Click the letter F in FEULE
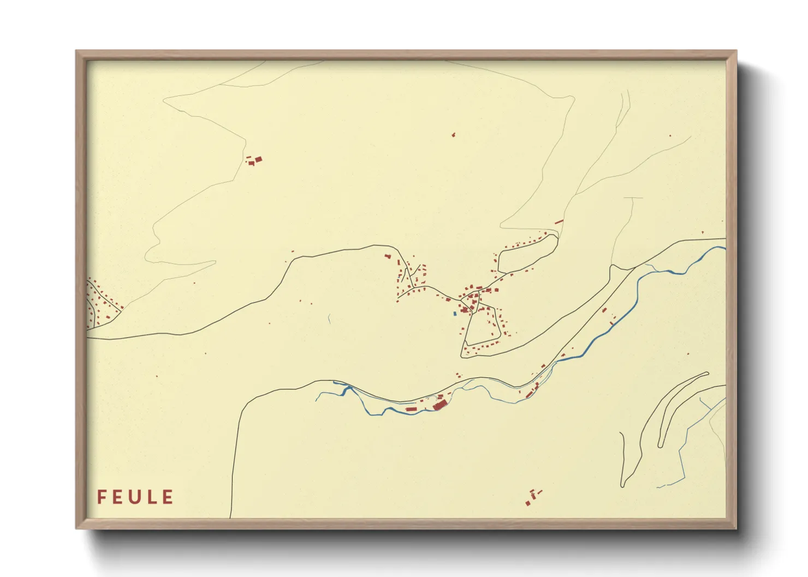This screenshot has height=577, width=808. click(102, 497)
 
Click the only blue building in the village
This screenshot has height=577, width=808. click(454, 314)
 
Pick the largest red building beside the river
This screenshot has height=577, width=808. click(440, 405)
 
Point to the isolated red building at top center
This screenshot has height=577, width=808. click(453, 134)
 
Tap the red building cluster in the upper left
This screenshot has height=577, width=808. click(254, 160)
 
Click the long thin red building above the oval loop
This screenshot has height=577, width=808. click(559, 222)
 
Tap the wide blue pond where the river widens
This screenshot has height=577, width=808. click(346, 389)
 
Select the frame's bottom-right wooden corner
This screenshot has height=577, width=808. click(732, 525)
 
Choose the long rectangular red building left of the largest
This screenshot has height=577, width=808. click(411, 408)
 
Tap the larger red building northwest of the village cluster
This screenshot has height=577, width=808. click(388, 256)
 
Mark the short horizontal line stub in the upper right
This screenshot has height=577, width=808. click(633, 197)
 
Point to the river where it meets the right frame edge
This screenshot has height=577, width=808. click(723, 248)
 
